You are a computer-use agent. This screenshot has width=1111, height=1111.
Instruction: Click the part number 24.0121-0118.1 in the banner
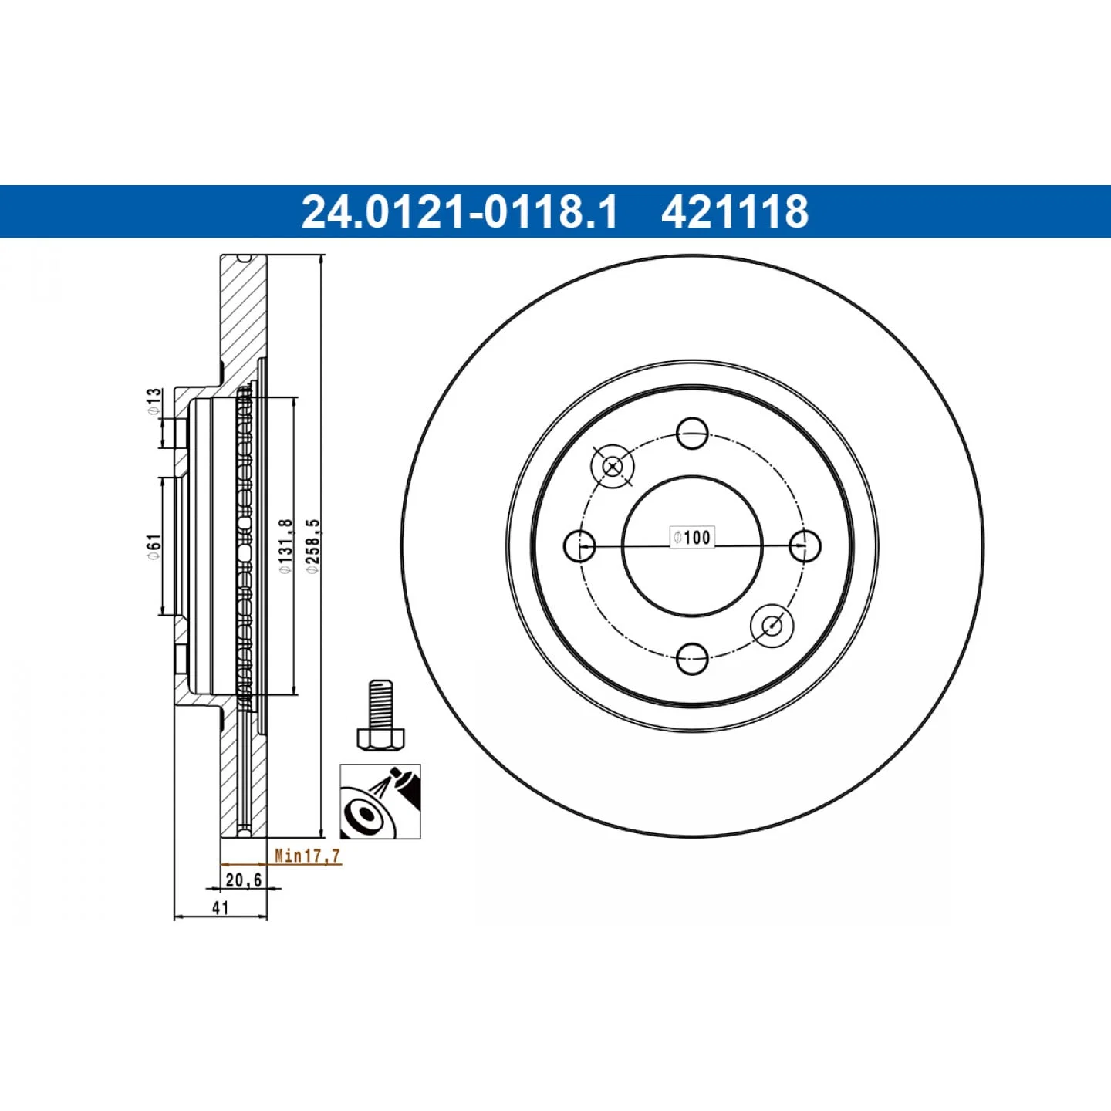[459, 211]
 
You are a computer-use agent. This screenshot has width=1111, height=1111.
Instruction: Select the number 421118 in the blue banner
[735, 211]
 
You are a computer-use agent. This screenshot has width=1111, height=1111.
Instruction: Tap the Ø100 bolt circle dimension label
[692, 537]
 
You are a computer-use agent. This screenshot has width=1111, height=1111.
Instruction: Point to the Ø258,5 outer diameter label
[314, 545]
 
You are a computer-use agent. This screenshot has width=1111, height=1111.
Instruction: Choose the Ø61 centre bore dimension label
[153, 546]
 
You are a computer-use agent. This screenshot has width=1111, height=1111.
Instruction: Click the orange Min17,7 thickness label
[307, 856]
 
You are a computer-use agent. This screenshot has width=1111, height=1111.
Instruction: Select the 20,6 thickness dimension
[243, 880]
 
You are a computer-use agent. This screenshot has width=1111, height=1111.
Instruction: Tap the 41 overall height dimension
[220, 908]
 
